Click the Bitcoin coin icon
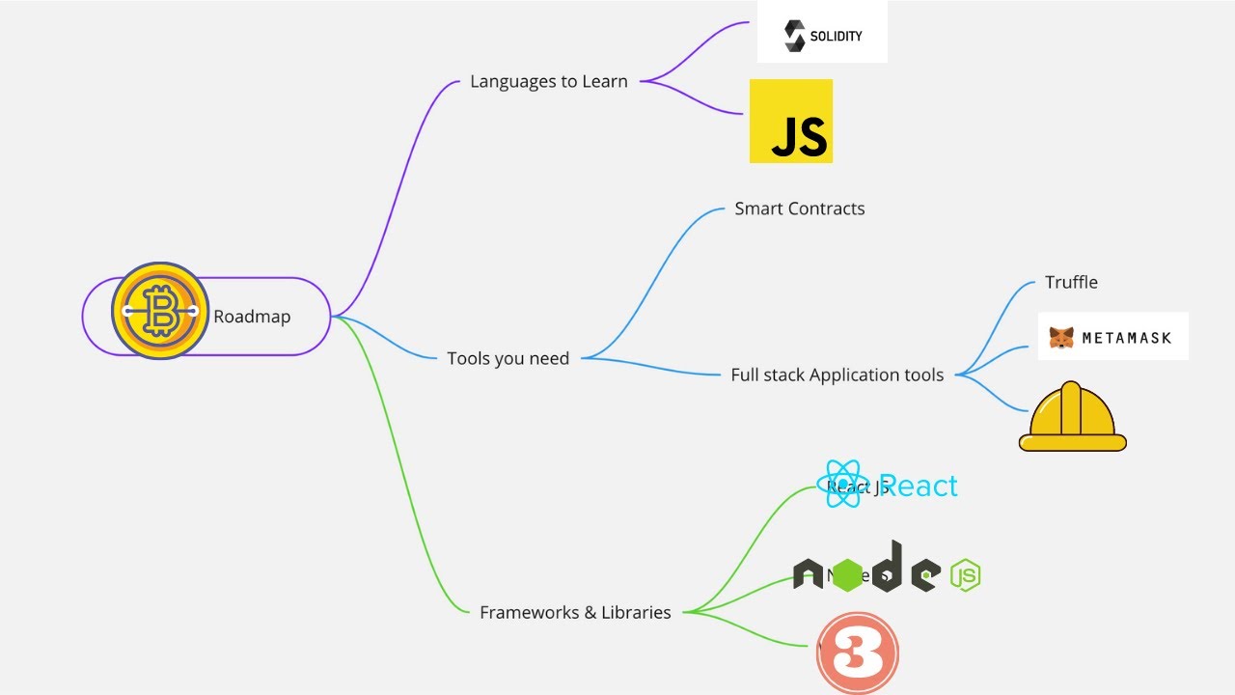(x=160, y=311)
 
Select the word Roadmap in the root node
(x=252, y=317)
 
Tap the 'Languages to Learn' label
(x=549, y=82)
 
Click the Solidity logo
(x=822, y=36)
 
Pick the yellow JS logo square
(x=791, y=121)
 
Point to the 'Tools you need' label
(x=508, y=359)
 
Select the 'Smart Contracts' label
(x=800, y=208)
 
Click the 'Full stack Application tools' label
(x=837, y=375)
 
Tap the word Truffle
(x=1071, y=283)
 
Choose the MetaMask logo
(x=1112, y=337)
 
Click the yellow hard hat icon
(x=1073, y=418)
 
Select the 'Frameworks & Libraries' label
(x=575, y=613)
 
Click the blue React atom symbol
(x=842, y=485)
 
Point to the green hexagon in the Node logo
(x=848, y=575)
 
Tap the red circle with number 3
(x=858, y=653)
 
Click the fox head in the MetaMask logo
(x=1061, y=338)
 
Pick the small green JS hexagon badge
(x=966, y=575)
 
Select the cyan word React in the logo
(x=919, y=486)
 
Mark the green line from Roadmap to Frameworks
(x=405, y=483)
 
